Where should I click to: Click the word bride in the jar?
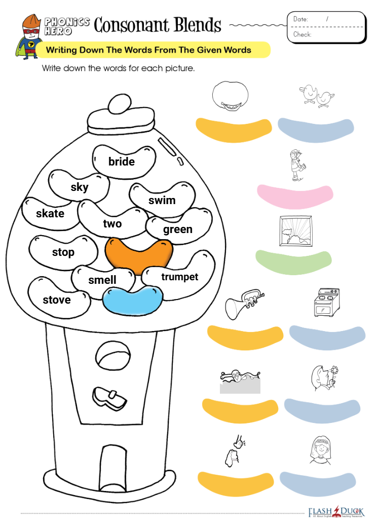[x=122, y=161]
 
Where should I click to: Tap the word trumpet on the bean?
[x=180, y=277]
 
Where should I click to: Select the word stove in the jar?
[x=57, y=300]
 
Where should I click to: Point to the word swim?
[x=162, y=201]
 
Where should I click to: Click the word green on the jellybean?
[x=178, y=229]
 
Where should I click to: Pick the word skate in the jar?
[x=50, y=213]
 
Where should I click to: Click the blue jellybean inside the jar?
[x=133, y=301]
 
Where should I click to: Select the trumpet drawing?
[x=245, y=303]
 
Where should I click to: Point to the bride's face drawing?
[x=320, y=450]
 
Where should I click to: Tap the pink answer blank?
[x=295, y=196]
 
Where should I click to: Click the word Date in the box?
[x=300, y=19]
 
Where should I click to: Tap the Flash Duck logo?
[x=336, y=512]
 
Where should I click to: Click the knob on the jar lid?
[x=120, y=104]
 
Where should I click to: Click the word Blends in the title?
[x=198, y=25]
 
